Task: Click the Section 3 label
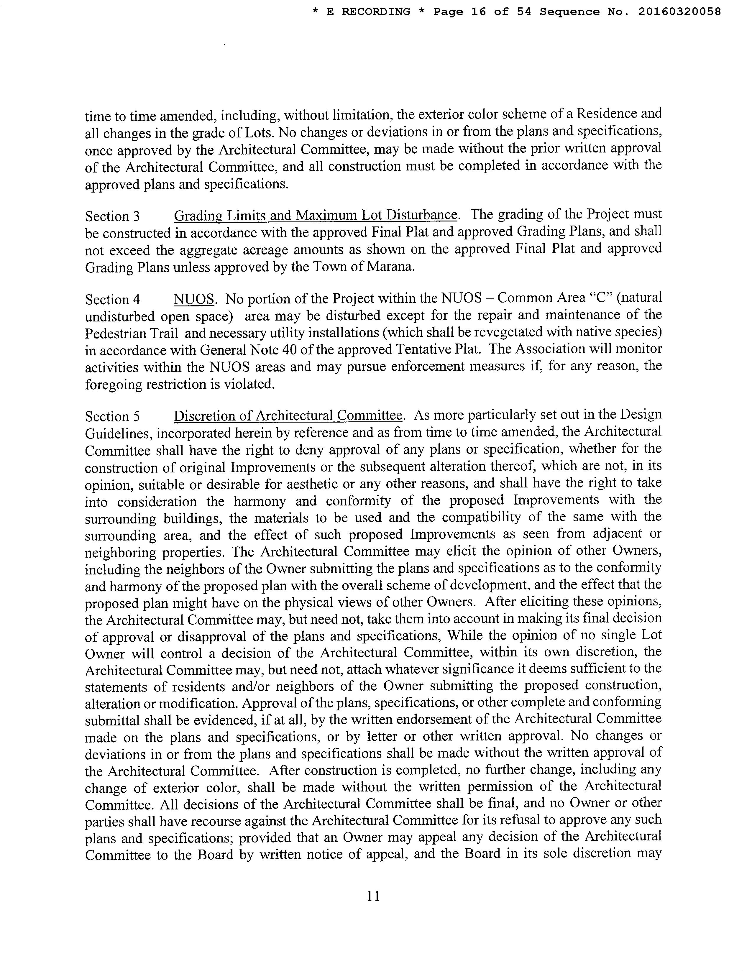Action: (112, 216)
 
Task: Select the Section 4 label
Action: (112, 299)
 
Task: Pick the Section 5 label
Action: (112, 417)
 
